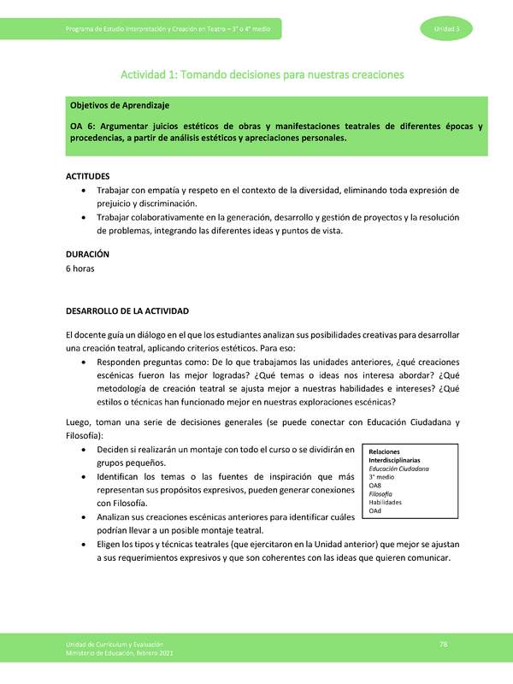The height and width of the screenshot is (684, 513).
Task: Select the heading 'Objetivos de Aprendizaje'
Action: pyautogui.click(x=120, y=105)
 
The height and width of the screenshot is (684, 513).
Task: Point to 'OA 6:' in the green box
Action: pyautogui.click(x=83, y=127)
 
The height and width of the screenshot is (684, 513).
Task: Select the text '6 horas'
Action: pyautogui.click(x=80, y=268)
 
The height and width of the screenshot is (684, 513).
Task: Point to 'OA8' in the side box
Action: pyautogui.click(x=375, y=486)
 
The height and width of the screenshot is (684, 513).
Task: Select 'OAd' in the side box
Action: pyautogui.click(x=375, y=510)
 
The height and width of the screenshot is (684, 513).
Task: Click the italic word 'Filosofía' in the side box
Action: pyautogui.click(x=381, y=494)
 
